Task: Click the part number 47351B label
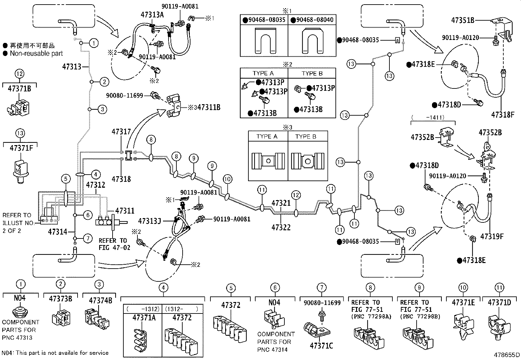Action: click(x=463, y=20)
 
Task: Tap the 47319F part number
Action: click(x=492, y=236)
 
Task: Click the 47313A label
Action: click(x=152, y=14)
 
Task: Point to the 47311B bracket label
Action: click(x=209, y=107)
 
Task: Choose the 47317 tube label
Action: click(x=121, y=132)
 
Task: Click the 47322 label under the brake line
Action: click(x=281, y=227)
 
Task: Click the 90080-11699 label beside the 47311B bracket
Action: click(x=125, y=96)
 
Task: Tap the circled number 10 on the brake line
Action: click(x=227, y=179)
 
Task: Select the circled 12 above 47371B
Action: click(x=20, y=74)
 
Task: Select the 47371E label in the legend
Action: click(x=463, y=303)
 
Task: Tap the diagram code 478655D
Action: click(x=507, y=355)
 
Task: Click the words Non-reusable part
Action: click(x=36, y=53)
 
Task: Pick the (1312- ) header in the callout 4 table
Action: click(x=182, y=309)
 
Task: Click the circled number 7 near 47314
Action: click(x=87, y=239)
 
